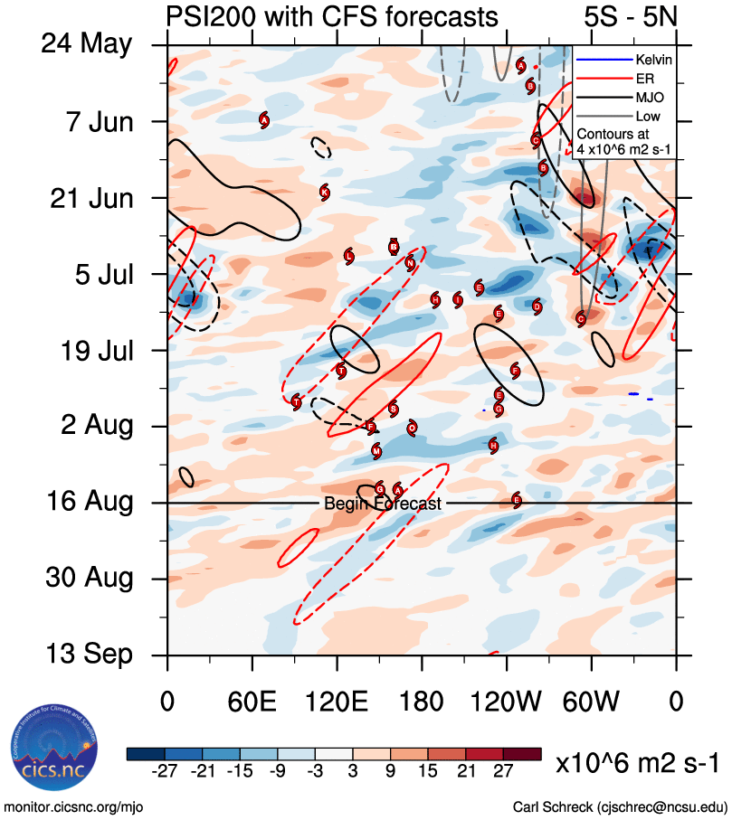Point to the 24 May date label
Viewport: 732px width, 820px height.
pyautogui.click(x=86, y=44)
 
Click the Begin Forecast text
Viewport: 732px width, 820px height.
pyautogui.click(x=383, y=504)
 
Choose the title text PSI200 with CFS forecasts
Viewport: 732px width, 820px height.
pyautogui.click(x=332, y=16)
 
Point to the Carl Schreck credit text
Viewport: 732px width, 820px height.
pyautogui.click(x=620, y=806)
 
